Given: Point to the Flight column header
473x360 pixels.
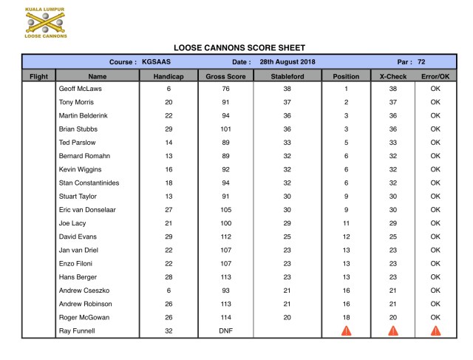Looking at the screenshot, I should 38,75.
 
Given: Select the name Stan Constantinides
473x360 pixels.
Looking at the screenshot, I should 89,183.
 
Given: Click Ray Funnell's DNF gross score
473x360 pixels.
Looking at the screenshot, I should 226,331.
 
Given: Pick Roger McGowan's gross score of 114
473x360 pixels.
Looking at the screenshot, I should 226,317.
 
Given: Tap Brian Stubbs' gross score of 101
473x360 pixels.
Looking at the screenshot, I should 226,129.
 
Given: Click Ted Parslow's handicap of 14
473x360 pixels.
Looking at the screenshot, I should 169,143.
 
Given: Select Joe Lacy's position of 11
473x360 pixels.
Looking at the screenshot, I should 346,223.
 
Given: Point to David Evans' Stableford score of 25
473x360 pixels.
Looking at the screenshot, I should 287,237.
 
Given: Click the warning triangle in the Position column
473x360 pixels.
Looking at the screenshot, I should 346,330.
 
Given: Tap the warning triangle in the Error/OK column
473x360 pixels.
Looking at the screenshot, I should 435,330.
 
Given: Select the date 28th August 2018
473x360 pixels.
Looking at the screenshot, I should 287,61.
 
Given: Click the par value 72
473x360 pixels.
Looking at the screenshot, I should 421,61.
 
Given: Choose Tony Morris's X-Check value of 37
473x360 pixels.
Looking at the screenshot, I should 393,102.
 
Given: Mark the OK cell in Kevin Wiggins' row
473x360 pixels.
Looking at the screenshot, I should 435,169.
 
